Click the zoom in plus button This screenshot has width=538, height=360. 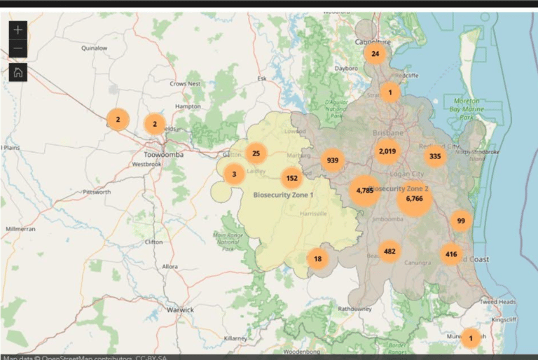click(x=18, y=29)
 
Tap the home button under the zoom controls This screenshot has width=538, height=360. click(x=18, y=72)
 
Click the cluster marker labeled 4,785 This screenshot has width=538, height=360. click(x=364, y=191)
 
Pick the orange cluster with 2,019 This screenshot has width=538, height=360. click(x=387, y=151)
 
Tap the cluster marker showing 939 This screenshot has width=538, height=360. click(x=333, y=160)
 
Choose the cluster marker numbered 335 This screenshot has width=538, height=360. click(x=436, y=156)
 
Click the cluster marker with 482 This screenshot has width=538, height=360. click(x=389, y=251)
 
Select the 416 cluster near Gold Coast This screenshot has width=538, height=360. click(x=451, y=254)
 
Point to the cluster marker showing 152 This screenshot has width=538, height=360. click(x=292, y=178)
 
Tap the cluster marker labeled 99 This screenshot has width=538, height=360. click(x=460, y=221)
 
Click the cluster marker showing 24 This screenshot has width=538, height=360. click(x=375, y=54)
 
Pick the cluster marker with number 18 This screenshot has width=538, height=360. click(x=317, y=259)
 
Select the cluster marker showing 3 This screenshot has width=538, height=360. click(x=234, y=174)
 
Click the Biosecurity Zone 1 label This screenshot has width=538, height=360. click(x=284, y=194)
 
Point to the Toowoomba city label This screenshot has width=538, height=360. click(x=163, y=154)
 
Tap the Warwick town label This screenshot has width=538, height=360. click(x=180, y=309)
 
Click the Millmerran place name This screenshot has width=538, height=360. click(x=20, y=229)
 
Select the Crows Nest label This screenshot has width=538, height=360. click(x=184, y=83)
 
